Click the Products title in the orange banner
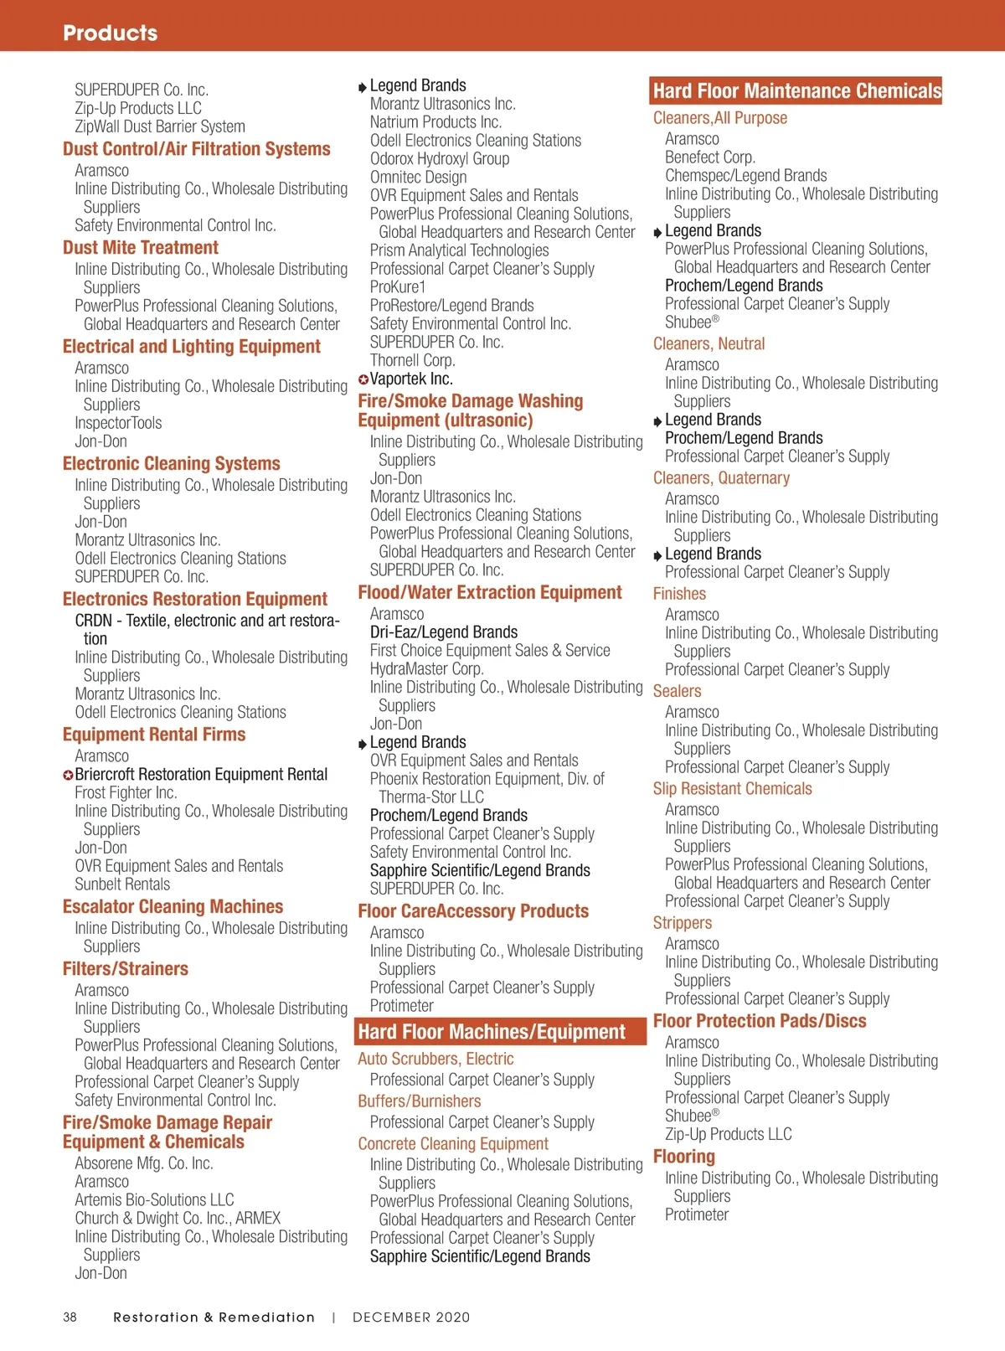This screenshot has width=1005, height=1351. (110, 33)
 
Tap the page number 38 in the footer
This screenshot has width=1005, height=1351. (70, 1317)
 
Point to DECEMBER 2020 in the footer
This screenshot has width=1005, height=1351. (411, 1317)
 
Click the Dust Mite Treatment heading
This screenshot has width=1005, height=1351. (140, 248)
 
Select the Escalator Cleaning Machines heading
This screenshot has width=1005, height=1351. (173, 906)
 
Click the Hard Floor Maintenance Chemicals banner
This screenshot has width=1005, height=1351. (796, 90)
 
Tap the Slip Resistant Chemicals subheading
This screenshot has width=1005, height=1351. (732, 789)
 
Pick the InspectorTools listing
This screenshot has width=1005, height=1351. (118, 423)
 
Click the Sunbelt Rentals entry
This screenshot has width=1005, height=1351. (122, 884)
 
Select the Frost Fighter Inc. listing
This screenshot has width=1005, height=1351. (126, 792)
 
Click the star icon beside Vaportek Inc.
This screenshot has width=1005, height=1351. (363, 379)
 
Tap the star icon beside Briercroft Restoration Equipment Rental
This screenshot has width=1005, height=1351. (68, 776)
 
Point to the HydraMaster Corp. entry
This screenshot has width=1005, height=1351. (426, 669)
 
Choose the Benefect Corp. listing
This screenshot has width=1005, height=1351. (709, 157)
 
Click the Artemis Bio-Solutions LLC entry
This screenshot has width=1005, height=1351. (154, 1200)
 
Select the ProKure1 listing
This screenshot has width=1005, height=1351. (398, 287)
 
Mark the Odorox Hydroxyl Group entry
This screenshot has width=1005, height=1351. (439, 159)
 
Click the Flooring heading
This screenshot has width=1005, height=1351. (683, 1157)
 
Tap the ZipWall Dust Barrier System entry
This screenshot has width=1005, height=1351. (159, 127)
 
